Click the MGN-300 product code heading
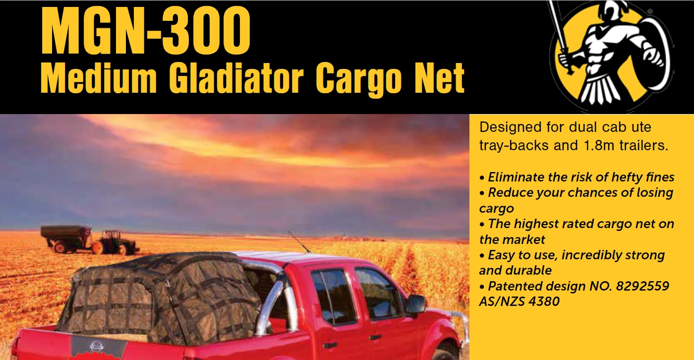click(x=146, y=30)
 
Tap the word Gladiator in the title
click(x=236, y=77)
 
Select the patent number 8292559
click(x=642, y=286)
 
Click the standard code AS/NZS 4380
click(x=520, y=301)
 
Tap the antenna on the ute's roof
click(x=298, y=241)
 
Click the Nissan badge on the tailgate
click(x=96, y=346)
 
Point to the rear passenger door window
click(x=333, y=296)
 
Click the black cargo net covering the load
click(x=161, y=298)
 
